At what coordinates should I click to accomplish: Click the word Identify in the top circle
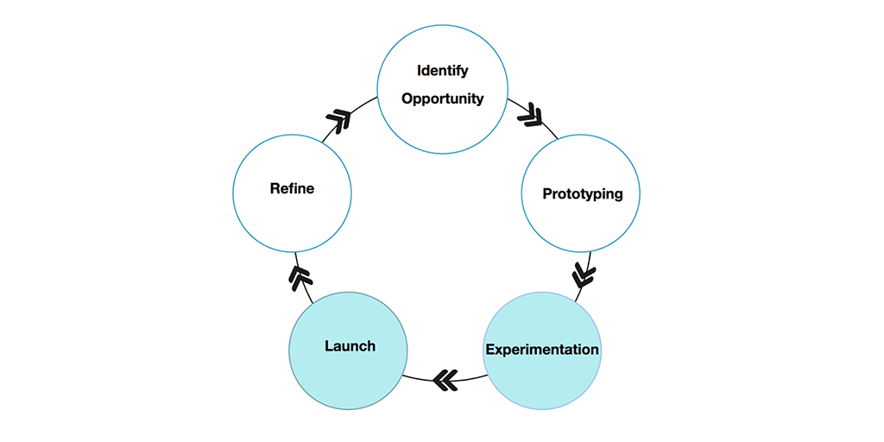pyautogui.click(x=442, y=70)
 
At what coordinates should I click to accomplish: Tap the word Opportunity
pyautogui.click(x=442, y=98)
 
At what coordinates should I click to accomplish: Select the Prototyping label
pyautogui.click(x=582, y=193)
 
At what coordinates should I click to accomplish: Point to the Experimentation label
pyautogui.click(x=541, y=350)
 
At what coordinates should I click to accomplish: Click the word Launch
pyautogui.click(x=350, y=346)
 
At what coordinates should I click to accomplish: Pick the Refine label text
pyautogui.click(x=292, y=188)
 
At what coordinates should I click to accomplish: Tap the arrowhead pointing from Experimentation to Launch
pyautogui.click(x=445, y=380)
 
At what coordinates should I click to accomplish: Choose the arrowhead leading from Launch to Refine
pyautogui.click(x=299, y=277)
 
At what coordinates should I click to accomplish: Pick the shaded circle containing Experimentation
pyautogui.click(x=541, y=380)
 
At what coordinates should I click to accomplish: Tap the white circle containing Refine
pyautogui.click(x=292, y=224)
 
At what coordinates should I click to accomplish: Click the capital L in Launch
pyautogui.click(x=329, y=346)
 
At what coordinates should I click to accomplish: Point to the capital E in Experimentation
pyautogui.click(x=489, y=350)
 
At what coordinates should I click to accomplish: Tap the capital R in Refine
pyautogui.click(x=275, y=188)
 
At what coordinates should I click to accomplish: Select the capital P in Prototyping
pyautogui.click(x=546, y=193)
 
